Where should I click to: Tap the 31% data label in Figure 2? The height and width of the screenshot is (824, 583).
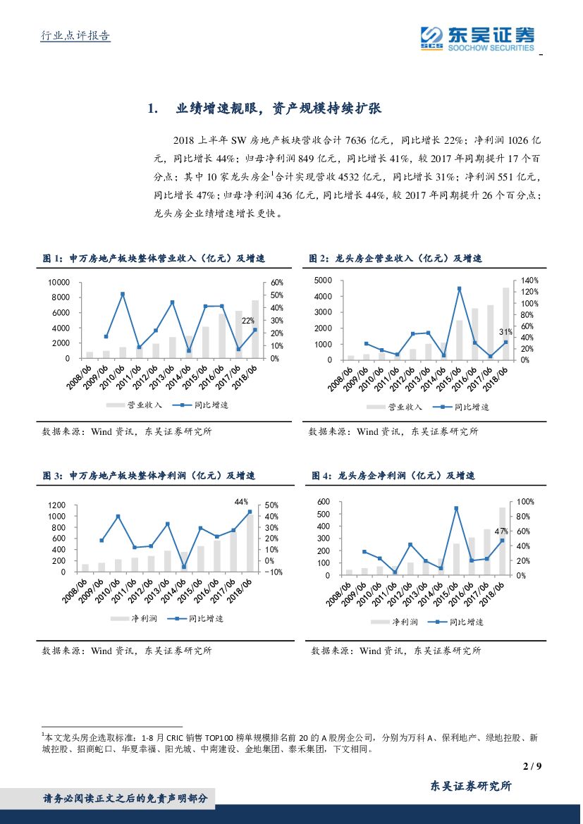coord(505,331)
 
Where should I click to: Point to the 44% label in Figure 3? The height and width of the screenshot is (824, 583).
coord(241,502)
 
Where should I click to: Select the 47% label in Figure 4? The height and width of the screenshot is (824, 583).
coord(501,531)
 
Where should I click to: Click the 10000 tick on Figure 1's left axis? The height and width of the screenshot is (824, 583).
coord(59,282)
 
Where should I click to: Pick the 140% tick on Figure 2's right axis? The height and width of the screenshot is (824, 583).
coord(529,281)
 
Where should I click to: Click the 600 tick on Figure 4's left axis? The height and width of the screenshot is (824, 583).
coord(343,502)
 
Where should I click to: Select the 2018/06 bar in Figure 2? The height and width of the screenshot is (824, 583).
coord(505,324)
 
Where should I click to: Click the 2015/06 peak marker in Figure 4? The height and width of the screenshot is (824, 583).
coord(456,508)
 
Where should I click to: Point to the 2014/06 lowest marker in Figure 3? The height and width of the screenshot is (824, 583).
coord(183,567)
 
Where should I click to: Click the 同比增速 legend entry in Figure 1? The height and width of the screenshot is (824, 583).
coord(204,405)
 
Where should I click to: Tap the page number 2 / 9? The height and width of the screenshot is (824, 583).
coord(533,766)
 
